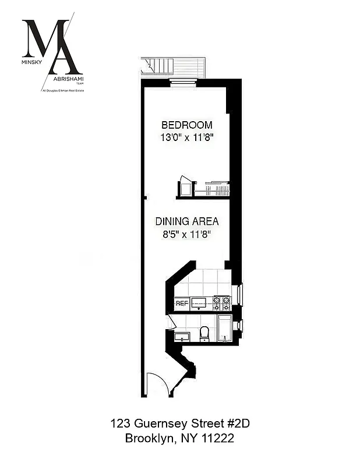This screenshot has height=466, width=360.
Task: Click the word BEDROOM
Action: [x=186, y=125]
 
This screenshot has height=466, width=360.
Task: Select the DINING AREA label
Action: [x=186, y=221]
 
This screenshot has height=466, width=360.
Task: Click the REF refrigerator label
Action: [x=182, y=303]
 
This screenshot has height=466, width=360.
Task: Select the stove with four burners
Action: [x=221, y=303]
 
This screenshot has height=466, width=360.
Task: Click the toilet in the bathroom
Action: [x=204, y=333]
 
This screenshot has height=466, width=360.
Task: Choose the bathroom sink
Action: [x=182, y=337]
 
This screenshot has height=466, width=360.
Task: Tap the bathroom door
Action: [x=171, y=322]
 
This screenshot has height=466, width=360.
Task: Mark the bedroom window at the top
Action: [x=181, y=82]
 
